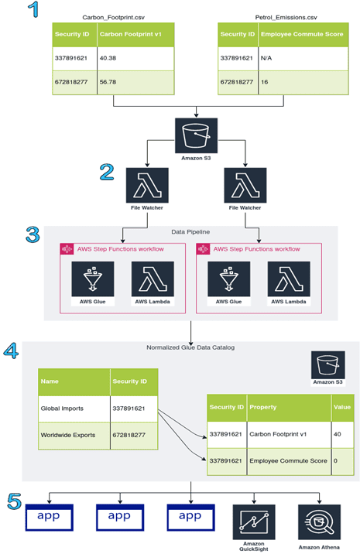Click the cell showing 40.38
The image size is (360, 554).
click(135, 58)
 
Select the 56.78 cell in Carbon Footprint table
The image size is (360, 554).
click(135, 82)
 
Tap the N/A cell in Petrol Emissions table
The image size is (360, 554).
click(303, 58)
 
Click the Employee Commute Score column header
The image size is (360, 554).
click(303, 35)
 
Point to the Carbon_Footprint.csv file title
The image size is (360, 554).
click(113, 17)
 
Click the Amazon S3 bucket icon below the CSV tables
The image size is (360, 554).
click(197, 135)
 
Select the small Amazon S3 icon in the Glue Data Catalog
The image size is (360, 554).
click(327, 365)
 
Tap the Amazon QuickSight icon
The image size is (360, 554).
click(254, 522)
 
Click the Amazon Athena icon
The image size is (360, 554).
click(319, 522)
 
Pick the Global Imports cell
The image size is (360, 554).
click(74, 409)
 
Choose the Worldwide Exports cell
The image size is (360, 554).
click(74, 436)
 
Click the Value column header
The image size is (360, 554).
click(342, 407)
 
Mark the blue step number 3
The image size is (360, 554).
click(33, 234)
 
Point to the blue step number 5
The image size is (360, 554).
click(15, 501)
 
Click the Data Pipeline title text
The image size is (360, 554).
click(190, 232)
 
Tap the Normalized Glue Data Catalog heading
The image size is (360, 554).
click(190, 347)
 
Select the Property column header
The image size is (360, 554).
click(289, 407)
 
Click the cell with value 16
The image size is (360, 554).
click(303, 82)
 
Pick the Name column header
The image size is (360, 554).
click(74, 382)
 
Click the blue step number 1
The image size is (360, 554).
click(33, 9)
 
